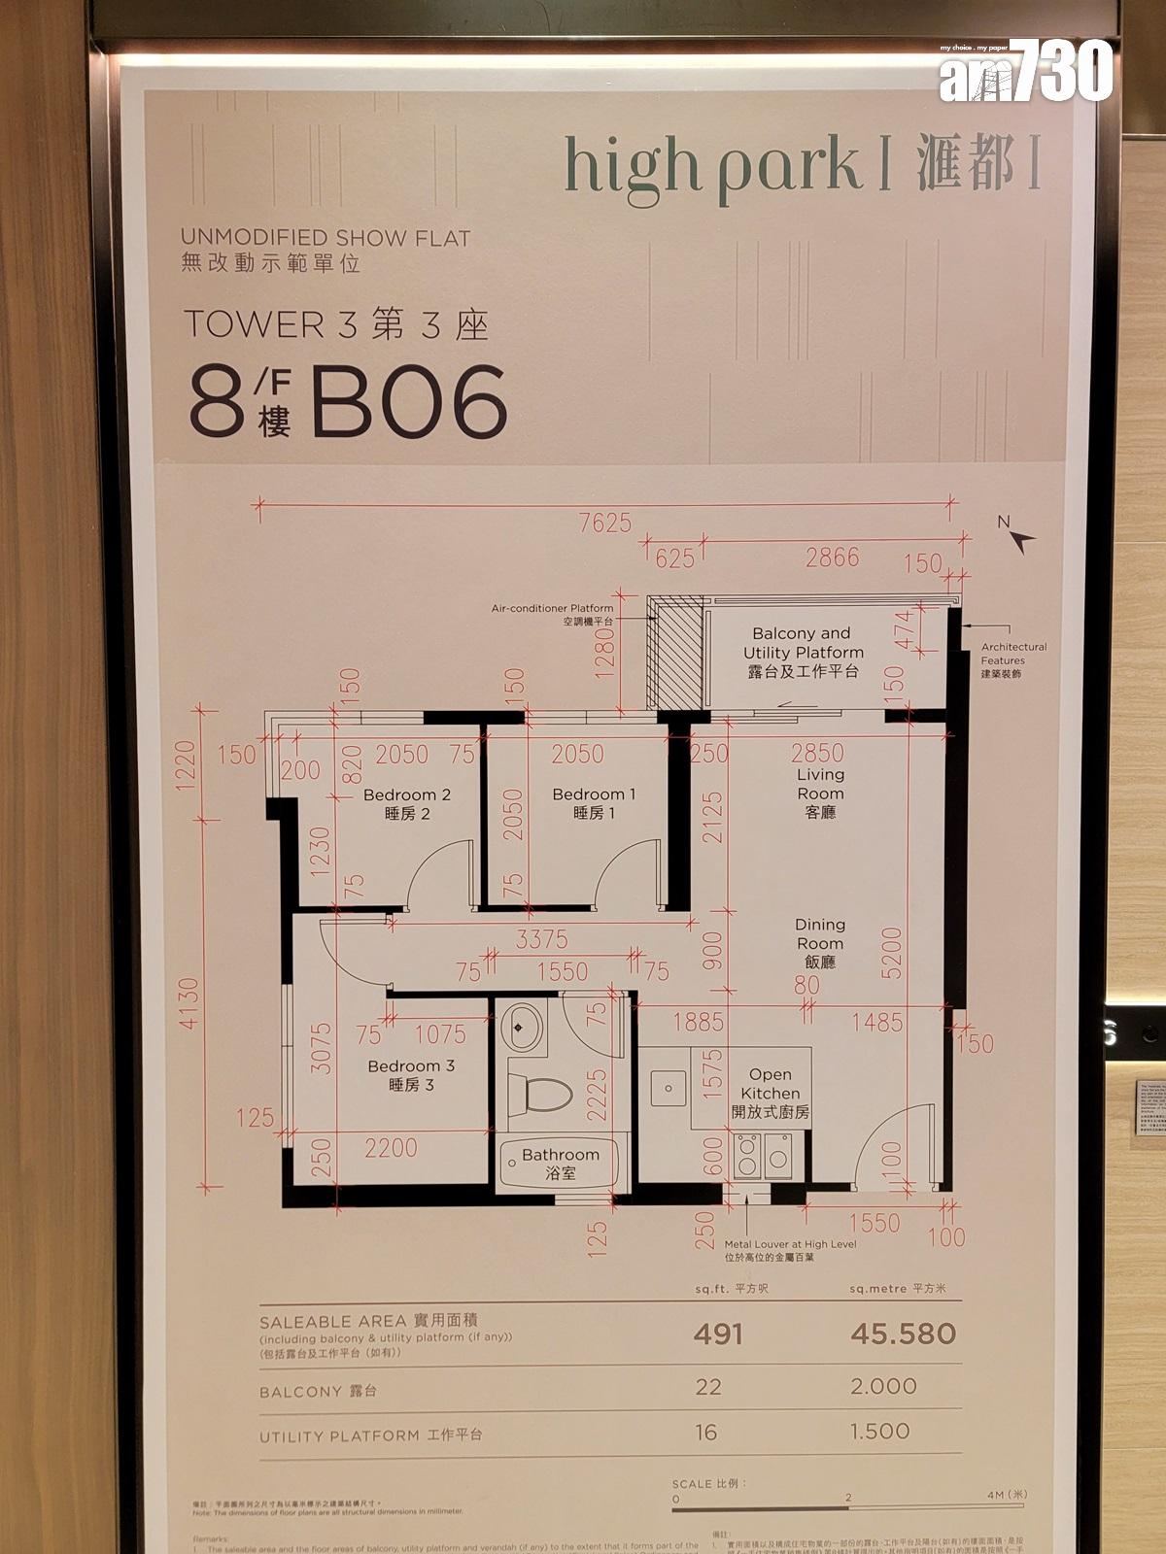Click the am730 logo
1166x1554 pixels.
tap(1024, 72)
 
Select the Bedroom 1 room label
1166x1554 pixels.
tap(594, 803)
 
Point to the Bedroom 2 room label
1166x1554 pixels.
tap(406, 804)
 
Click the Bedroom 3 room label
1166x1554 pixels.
tap(410, 1074)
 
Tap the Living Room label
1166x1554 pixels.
tap(820, 793)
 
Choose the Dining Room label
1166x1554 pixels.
tap(819, 943)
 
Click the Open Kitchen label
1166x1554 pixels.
tap(770, 1093)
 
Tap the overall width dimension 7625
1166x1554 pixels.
tap(604, 523)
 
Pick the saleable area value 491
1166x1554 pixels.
tap(718, 1334)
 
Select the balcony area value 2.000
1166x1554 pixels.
tap(883, 1386)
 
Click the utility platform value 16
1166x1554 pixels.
tap(706, 1432)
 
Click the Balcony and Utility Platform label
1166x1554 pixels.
tap(803, 652)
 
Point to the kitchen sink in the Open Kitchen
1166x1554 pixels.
tap(667, 1086)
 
